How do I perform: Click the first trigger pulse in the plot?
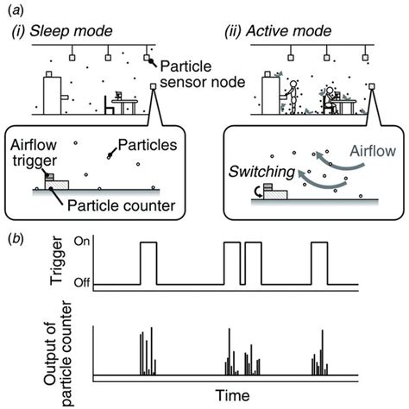tap(148, 263)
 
